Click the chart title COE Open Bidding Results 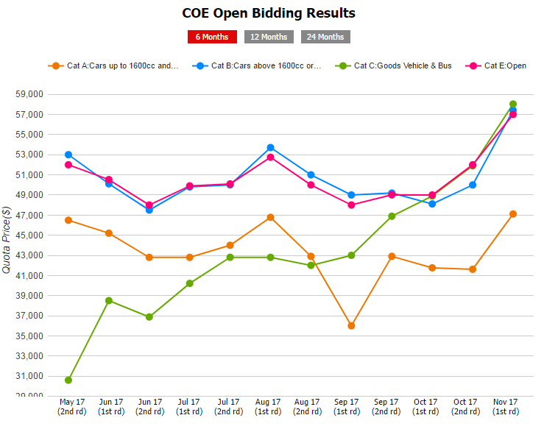pyautogui.click(x=269, y=13)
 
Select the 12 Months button pyautogui.click(x=269, y=37)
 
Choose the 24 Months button pyautogui.click(x=325, y=37)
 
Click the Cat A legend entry pyautogui.click(x=113, y=65)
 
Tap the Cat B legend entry pyautogui.click(x=257, y=65)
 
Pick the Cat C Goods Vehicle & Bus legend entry pyautogui.click(x=393, y=65)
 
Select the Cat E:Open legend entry pyautogui.click(x=495, y=65)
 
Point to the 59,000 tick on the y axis pyautogui.click(x=29, y=94)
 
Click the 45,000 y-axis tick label pyautogui.click(x=29, y=235)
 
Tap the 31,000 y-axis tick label pyautogui.click(x=29, y=376)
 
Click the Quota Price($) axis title pyautogui.click(x=7, y=240)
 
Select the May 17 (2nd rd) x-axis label pyautogui.click(x=72, y=406)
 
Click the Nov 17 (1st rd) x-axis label pyautogui.click(x=506, y=406)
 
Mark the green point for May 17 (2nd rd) pyautogui.click(x=68, y=380)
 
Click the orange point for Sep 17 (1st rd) pyautogui.click(x=351, y=326)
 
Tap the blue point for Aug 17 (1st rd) pyautogui.click(x=270, y=148)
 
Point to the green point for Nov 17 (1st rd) pyautogui.click(x=513, y=104)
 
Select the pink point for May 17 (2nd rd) pyautogui.click(x=68, y=165)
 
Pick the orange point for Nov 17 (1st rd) pyautogui.click(x=513, y=214)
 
